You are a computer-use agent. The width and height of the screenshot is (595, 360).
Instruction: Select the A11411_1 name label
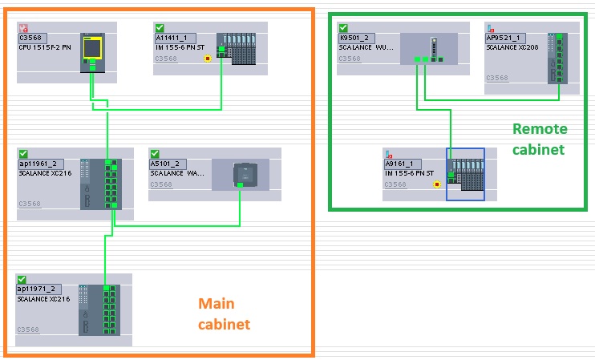[x=170, y=38]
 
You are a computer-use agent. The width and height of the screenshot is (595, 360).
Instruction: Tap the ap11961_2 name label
[x=35, y=164]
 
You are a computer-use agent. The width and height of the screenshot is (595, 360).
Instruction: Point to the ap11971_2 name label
[x=37, y=289]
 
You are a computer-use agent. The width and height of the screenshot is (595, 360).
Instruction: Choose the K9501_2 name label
[x=353, y=38]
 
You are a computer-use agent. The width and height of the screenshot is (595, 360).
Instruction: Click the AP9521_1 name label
[x=503, y=38]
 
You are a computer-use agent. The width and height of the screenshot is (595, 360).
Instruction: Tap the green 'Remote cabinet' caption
[x=540, y=139]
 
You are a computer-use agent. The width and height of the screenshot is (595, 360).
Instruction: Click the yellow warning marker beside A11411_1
[x=208, y=59]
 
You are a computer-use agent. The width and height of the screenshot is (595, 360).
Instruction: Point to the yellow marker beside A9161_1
[x=436, y=184]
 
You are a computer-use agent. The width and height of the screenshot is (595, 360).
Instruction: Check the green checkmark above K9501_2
[x=343, y=27]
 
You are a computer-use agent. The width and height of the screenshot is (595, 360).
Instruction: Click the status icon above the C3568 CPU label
[x=22, y=27]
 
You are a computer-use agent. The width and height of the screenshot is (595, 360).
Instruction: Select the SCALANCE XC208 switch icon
[x=552, y=58]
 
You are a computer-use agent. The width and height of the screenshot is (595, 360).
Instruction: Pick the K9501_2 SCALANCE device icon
[x=428, y=49]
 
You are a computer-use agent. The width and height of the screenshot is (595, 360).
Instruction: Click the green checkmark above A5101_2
[x=155, y=153]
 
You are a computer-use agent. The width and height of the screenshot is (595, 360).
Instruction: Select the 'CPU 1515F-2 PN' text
[x=44, y=47]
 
